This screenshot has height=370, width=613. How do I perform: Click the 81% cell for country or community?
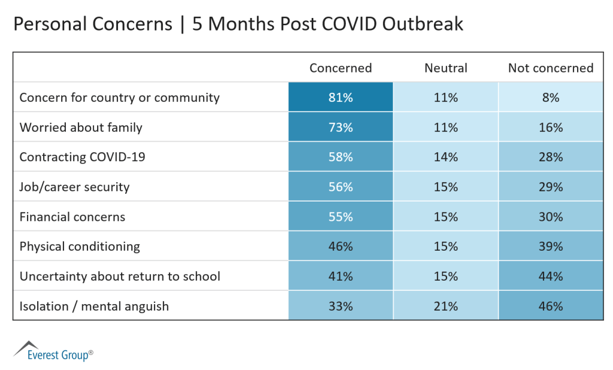[x=340, y=97]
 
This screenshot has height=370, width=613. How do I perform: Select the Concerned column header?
[x=340, y=68]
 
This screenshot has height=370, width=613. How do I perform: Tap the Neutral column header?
[x=446, y=68]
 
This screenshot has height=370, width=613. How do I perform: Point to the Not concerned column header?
[x=551, y=68]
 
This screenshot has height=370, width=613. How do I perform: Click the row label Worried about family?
[x=81, y=127]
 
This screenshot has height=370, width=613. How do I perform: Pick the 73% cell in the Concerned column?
[x=340, y=127]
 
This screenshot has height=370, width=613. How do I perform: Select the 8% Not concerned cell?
[x=551, y=97]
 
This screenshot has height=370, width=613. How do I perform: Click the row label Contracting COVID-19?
[x=83, y=157]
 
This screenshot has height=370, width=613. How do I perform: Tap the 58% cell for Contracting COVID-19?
[x=340, y=157]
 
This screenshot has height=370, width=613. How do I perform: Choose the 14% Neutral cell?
[x=446, y=157]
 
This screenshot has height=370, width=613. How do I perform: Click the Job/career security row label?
[x=74, y=187]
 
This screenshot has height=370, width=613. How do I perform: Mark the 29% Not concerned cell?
[x=551, y=187]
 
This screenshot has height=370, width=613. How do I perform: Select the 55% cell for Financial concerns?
[x=340, y=216]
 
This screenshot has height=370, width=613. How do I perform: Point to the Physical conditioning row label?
[x=80, y=246]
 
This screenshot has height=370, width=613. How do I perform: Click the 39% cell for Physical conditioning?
[x=551, y=246]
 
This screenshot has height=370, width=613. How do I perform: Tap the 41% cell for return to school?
[x=340, y=276]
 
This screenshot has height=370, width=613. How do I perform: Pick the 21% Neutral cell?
[x=446, y=306]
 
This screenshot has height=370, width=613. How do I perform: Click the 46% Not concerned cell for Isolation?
[x=551, y=306]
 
